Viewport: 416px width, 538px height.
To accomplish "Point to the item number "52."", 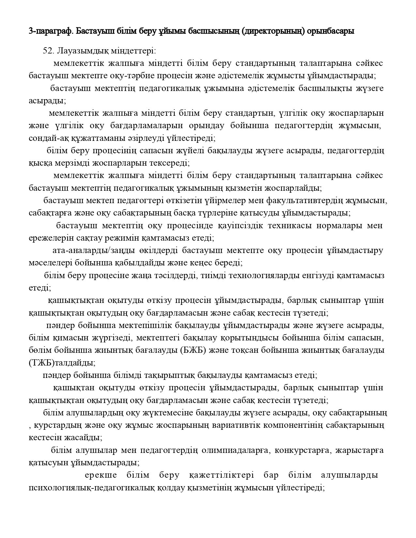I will pos(49,51).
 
